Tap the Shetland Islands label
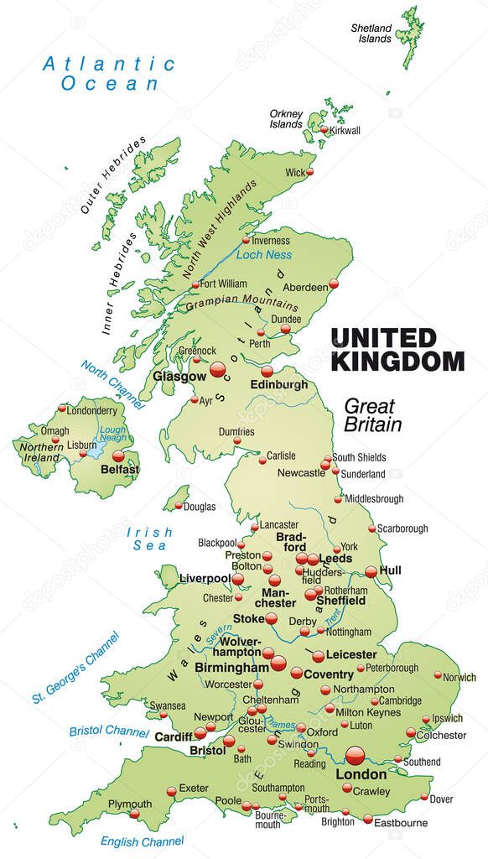(x=371, y=34)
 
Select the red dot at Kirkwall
(x=325, y=130)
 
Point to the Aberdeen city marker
(x=333, y=284)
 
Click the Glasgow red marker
(x=218, y=369)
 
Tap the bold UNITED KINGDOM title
(x=397, y=350)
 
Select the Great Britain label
(x=373, y=414)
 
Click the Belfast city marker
(x=118, y=456)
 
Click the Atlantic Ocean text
(x=109, y=73)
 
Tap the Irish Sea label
(x=150, y=539)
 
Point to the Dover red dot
(x=424, y=798)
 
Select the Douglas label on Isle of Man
(x=200, y=507)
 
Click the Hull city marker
(x=371, y=571)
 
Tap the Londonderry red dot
(x=62, y=409)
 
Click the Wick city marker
(x=309, y=171)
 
